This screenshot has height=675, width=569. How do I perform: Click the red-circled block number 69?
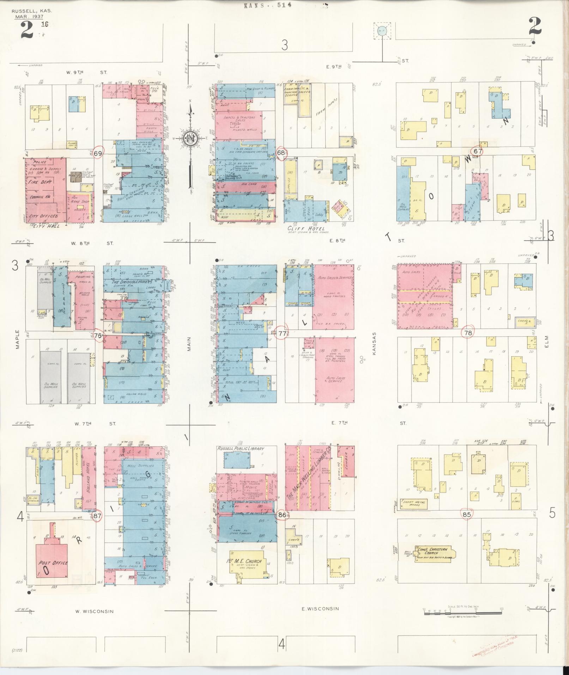tap(98, 153)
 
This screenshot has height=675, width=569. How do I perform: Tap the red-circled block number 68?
tap(281, 153)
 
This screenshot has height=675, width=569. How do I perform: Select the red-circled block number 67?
tap(478, 151)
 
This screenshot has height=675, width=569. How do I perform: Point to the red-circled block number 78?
tap(468, 333)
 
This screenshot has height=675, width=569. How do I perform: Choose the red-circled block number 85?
tap(467, 514)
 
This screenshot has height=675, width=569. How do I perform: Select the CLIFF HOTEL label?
tap(305, 229)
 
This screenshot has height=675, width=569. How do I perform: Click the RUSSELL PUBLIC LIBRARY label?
tap(241, 448)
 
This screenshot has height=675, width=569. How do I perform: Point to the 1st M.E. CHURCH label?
tap(244, 561)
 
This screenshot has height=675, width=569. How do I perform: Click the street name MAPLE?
tap(17, 339)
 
